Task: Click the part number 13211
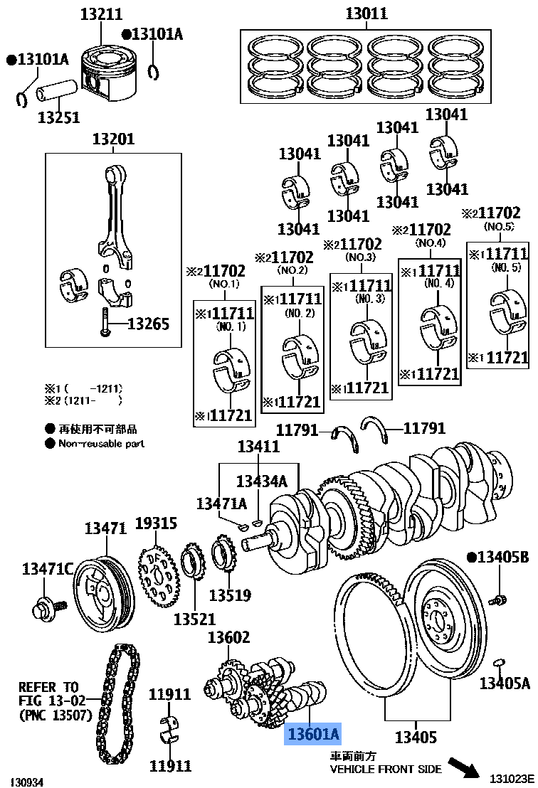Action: pos(101,14)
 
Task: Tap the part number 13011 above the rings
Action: pos(366,14)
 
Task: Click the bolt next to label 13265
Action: pos(105,324)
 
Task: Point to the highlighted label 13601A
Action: pos(313,734)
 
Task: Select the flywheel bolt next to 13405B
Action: pos(498,600)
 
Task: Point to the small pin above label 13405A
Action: pos(500,664)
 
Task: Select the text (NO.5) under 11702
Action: pos(499,226)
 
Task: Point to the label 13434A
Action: pos(261,481)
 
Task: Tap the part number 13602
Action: pos(228,638)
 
